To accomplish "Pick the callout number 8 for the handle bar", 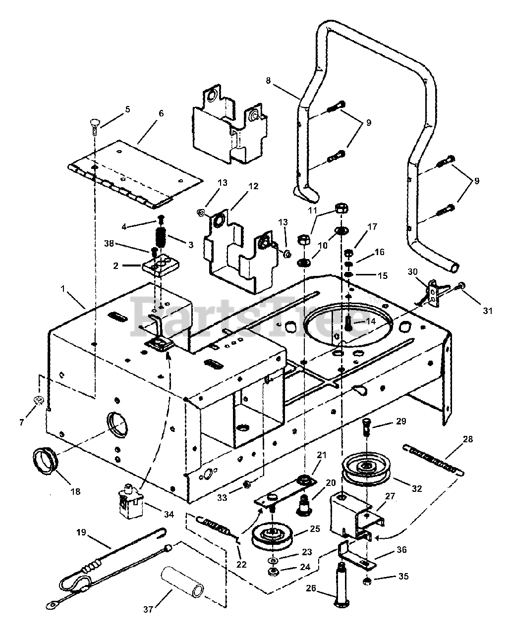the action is point(268,80).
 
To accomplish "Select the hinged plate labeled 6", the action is point(135,174).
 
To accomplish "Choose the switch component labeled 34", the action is point(131,504).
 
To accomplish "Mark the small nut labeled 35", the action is point(367,580).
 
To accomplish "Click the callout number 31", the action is point(487,311).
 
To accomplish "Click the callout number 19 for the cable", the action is point(81,532).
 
